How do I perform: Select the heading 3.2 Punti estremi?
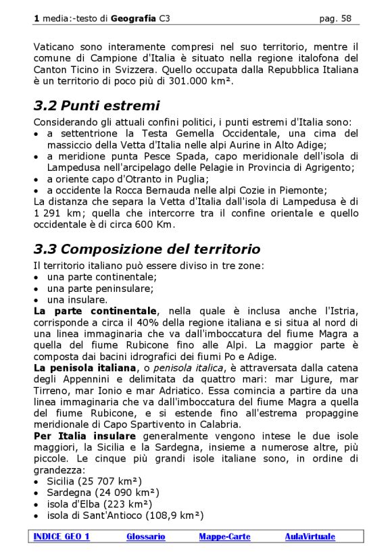coord(97,106)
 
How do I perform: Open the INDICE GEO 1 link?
coord(62,536)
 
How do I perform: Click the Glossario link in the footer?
coord(145,536)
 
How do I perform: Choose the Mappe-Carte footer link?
coord(224,536)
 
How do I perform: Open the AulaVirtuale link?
coord(310,536)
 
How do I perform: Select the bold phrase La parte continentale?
coord(95,311)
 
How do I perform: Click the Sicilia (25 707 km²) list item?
coord(94,481)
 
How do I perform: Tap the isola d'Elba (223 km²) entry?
coord(99,504)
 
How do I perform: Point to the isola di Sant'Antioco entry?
coord(124,515)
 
